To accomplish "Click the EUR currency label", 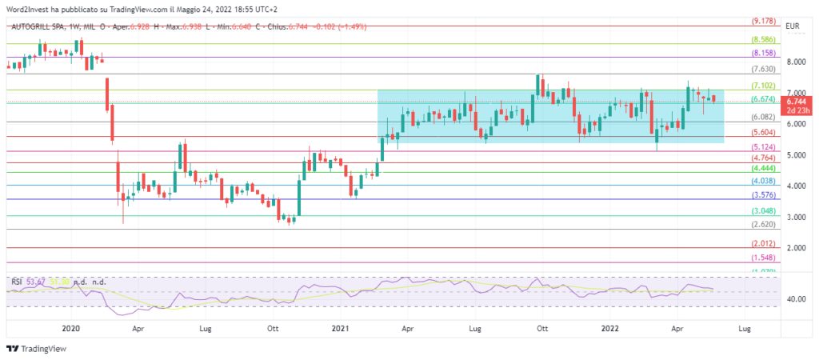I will pyautogui.click(x=793, y=26).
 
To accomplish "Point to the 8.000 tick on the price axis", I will pyautogui.click(x=794, y=62).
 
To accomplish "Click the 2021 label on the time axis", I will pyautogui.click(x=340, y=328).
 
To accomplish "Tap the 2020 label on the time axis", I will pyautogui.click(x=71, y=328).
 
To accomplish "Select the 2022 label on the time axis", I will pyautogui.click(x=609, y=328).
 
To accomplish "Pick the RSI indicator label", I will pyautogui.click(x=16, y=282).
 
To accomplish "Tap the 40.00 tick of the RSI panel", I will pyautogui.click(x=796, y=299).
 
